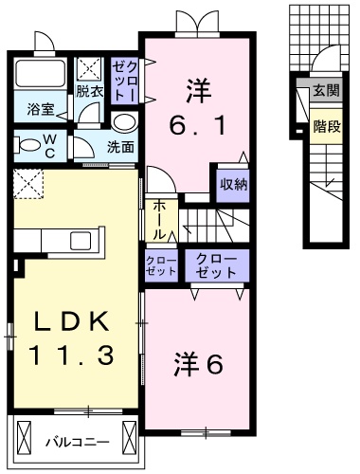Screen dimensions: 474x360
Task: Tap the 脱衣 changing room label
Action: point(89,92)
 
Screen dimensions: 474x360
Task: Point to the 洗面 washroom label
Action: point(120,147)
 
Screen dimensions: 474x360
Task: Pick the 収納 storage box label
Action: point(234,184)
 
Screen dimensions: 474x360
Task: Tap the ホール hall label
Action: point(158,217)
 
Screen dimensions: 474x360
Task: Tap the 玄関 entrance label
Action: point(325,91)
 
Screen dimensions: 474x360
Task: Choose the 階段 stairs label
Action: point(325,122)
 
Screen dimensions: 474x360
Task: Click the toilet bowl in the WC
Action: point(24,144)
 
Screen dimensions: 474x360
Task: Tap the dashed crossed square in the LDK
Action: point(28,182)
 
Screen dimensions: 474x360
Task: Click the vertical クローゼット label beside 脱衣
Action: point(125,82)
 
